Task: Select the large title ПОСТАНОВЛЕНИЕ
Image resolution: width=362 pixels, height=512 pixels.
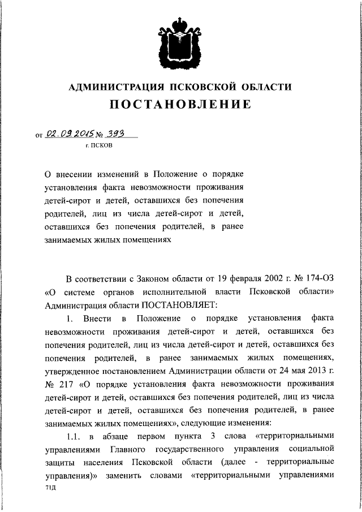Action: coord(180,105)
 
